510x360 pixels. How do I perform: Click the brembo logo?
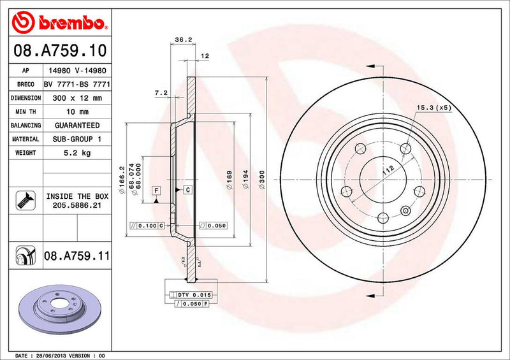point(59,24)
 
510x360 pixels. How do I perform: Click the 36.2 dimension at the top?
point(183,40)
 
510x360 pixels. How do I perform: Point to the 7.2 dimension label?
point(161,93)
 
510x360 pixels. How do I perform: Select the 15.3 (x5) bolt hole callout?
point(433,108)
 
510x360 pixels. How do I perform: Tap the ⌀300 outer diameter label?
point(262,180)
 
